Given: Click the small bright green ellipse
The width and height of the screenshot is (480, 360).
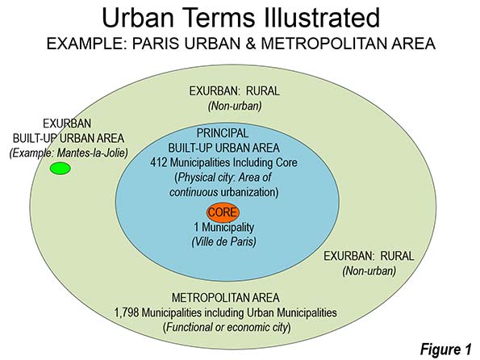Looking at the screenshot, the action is pyautogui.click(x=61, y=169).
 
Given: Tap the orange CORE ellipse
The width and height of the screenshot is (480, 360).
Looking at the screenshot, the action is pyautogui.click(x=223, y=212).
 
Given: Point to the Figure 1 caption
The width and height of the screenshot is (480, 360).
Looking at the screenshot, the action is pyautogui.click(x=445, y=349).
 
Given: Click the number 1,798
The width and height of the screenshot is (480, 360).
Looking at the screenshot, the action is pyautogui.click(x=127, y=313).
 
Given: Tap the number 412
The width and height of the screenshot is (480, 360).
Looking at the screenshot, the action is pyautogui.click(x=158, y=162).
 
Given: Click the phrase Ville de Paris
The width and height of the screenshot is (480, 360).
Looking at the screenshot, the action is pyautogui.click(x=223, y=241).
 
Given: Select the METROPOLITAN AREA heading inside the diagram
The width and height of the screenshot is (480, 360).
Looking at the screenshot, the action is pyautogui.click(x=226, y=298).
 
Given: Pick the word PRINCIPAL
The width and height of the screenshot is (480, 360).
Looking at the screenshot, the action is pyautogui.click(x=223, y=133).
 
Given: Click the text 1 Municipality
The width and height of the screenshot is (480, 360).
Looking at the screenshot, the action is pyautogui.click(x=224, y=228).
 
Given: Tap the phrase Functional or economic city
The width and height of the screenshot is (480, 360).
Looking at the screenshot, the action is pyautogui.click(x=227, y=327).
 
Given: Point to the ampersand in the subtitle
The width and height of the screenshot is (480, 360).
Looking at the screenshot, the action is pyautogui.click(x=250, y=44).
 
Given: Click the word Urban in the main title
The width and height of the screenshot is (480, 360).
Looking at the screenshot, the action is pyautogui.click(x=138, y=18).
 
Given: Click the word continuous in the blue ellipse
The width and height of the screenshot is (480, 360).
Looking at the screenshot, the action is pyautogui.click(x=194, y=192).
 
